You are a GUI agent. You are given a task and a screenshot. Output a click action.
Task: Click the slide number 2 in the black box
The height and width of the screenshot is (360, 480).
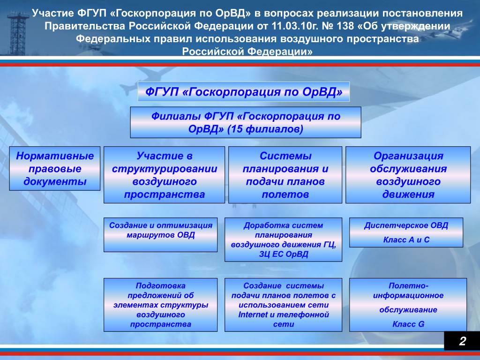(462, 341)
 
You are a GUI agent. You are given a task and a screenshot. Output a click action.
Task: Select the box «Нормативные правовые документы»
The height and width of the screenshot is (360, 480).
(55, 168)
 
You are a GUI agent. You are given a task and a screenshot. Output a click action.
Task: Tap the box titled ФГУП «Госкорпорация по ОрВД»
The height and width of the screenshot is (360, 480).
(244, 91)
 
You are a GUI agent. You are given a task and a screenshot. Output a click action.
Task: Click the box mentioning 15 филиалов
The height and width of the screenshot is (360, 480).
(246, 122)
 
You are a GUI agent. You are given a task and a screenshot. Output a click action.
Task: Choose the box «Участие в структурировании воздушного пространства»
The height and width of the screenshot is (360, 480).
(164, 175)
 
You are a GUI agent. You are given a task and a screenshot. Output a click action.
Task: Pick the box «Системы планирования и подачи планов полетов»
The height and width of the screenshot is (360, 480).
(285, 175)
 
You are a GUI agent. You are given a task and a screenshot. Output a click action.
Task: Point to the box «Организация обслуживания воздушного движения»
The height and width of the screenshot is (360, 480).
(408, 175)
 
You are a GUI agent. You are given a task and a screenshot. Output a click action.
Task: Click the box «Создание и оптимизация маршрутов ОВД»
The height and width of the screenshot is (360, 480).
(160, 235)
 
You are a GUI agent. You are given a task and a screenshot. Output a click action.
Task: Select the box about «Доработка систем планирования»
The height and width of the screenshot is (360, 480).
(283, 240)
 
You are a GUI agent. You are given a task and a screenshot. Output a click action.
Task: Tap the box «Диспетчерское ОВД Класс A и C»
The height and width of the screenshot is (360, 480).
(406, 232)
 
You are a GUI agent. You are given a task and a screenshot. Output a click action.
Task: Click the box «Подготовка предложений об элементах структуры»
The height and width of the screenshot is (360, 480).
(160, 305)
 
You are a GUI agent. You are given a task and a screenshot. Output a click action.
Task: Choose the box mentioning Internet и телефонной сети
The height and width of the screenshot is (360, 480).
(283, 305)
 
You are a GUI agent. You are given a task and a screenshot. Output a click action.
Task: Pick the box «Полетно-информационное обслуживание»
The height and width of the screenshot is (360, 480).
(408, 305)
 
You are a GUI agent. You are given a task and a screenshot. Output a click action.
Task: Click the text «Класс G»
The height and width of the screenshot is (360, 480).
(408, 324)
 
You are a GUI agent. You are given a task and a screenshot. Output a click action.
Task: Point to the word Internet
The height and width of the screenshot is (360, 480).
(253, 315)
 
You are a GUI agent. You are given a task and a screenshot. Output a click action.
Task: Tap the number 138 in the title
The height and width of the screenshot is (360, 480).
(345, 26)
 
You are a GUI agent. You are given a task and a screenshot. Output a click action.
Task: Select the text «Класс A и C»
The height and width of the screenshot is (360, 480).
(406, 240)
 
